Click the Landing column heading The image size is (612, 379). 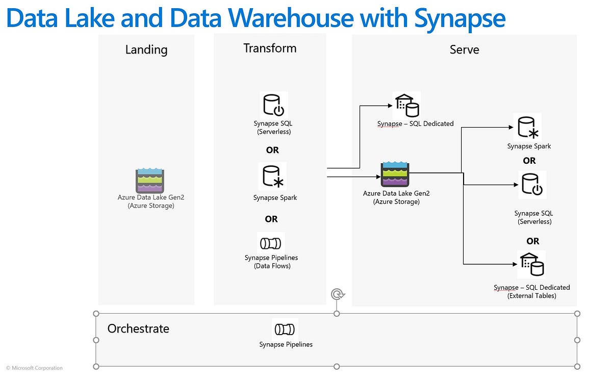146,50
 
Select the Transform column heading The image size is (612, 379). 270,48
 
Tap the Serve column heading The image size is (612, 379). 465,49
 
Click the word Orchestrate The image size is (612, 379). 138,329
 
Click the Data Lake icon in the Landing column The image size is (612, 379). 150,181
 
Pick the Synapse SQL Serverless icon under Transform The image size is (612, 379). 274,105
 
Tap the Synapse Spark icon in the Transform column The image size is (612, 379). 273,176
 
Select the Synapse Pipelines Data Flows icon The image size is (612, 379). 270,243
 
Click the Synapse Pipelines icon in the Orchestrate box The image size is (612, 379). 285,330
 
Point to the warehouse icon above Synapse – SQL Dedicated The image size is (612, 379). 407,106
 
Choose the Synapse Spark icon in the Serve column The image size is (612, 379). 527,128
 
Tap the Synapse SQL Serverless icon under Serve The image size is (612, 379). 532,185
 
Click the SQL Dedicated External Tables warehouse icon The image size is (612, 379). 531,264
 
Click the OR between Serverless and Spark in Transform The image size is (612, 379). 272,150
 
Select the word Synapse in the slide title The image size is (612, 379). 460,18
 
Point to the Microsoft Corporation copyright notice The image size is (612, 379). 34,368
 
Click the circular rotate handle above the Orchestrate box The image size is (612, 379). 338,294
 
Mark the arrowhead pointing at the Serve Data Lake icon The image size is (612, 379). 378,177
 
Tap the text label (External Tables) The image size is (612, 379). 531,296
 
